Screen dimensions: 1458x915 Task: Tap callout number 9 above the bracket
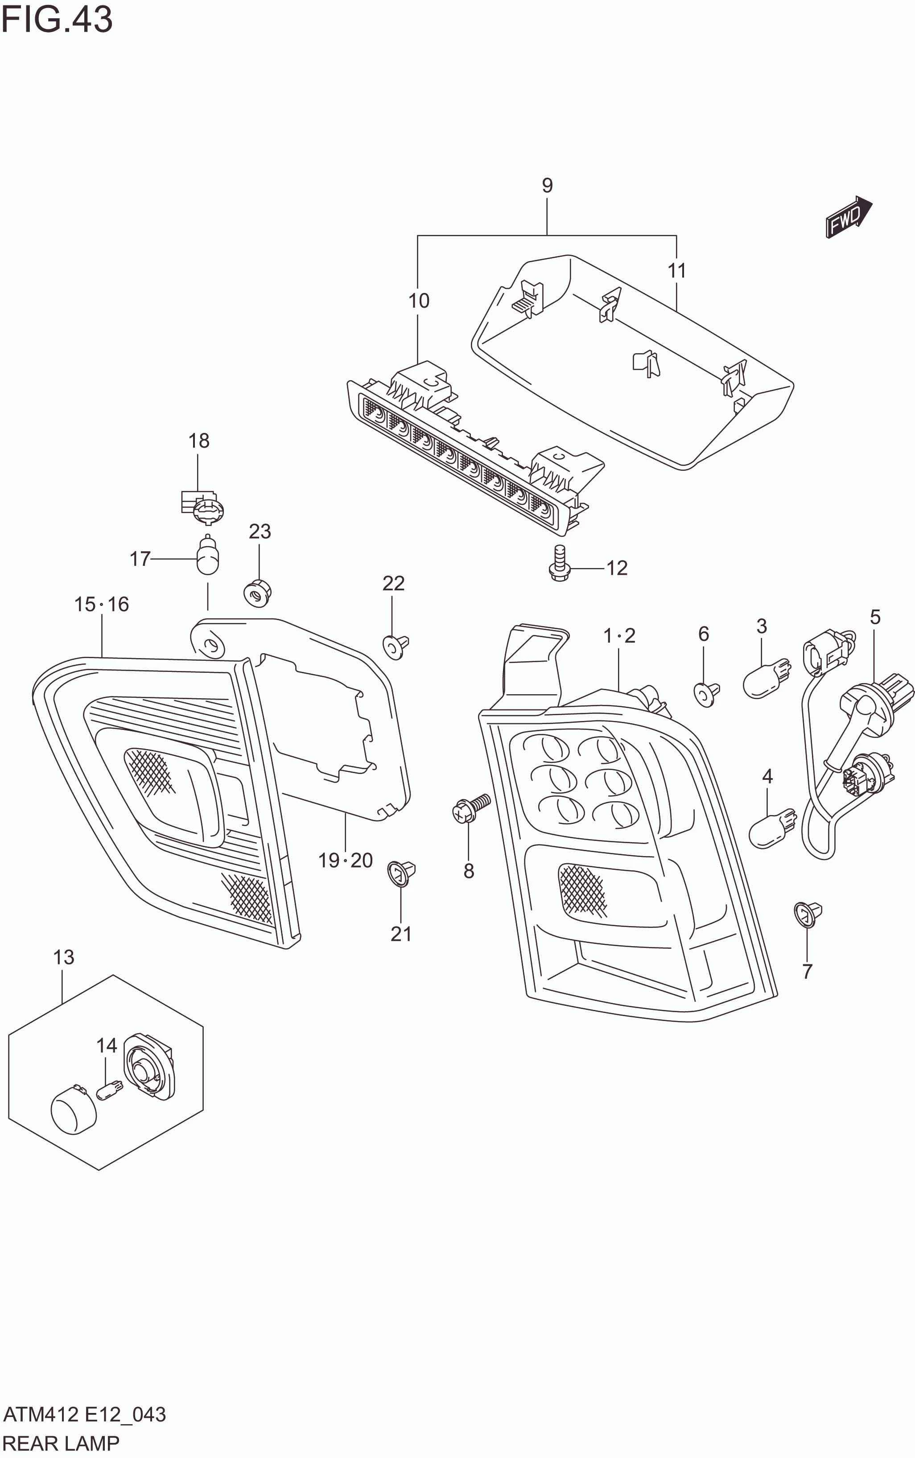(547, 185)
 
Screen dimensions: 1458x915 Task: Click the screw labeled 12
(560, 563)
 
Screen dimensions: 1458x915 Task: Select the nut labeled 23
(259, 592)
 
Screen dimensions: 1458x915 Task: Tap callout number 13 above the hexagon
(63, 957)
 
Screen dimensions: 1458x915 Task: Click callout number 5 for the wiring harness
(875, 617)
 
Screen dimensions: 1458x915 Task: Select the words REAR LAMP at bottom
(61, 1443)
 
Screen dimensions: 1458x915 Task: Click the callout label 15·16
(101, 604)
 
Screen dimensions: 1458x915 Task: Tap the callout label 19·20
(346, 860)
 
